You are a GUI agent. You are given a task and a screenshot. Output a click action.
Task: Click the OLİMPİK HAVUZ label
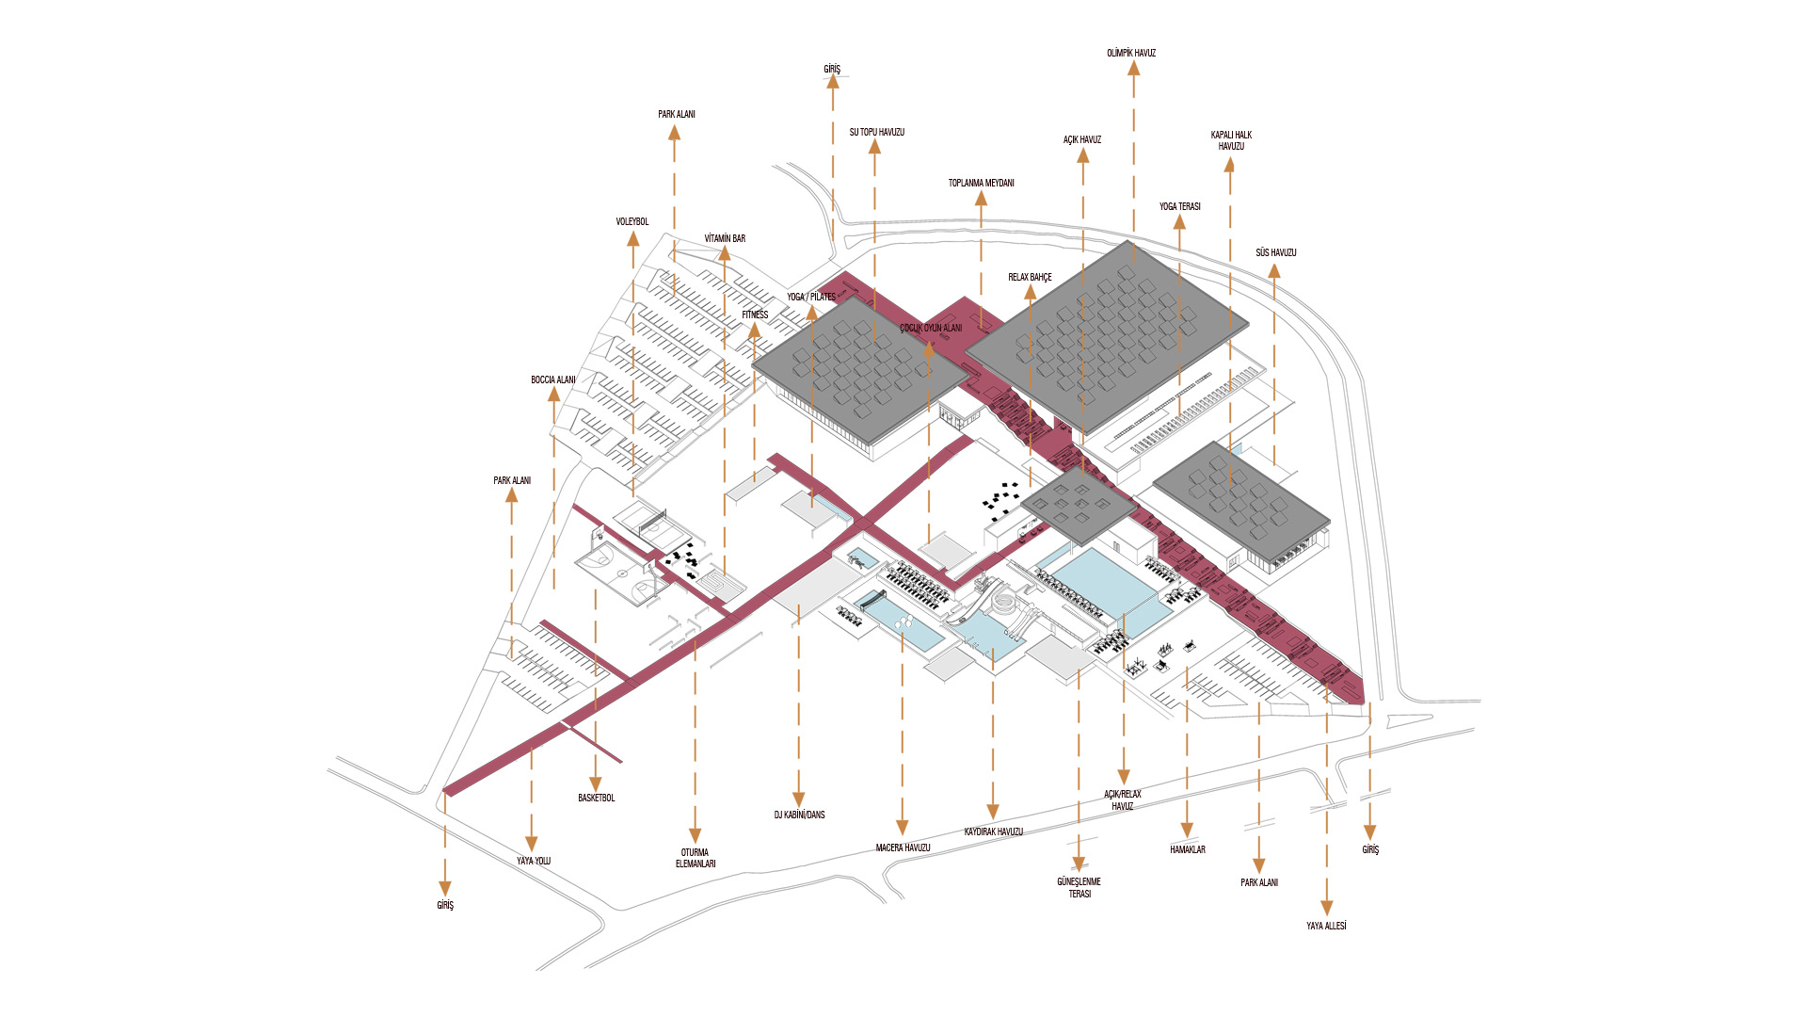pos(1131,54)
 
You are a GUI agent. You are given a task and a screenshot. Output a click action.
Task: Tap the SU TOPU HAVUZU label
pos(876,133)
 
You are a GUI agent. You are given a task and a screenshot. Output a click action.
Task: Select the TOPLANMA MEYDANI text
pos(981,184)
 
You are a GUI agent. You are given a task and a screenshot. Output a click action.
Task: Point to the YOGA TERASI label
pos(1179,207)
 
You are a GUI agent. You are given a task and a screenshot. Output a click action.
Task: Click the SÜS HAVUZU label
pos(1275,253)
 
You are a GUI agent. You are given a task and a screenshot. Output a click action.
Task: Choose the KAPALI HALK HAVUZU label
pos(1231,141)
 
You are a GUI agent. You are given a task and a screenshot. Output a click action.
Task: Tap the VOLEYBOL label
pos(632,222)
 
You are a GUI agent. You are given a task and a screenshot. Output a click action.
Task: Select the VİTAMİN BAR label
pos(725,239)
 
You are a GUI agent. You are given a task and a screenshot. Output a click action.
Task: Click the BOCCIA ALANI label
pos(553,380)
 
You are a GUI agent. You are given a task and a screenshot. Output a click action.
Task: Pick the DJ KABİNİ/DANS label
pos(799,815)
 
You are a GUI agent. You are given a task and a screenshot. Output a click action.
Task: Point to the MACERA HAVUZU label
pos(903,848)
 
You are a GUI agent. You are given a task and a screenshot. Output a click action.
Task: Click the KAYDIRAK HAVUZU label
pos(993,832)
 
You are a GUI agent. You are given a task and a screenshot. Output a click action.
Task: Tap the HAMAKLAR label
pos(1187,850)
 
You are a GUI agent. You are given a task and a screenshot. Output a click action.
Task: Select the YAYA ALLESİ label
pos(1326,927)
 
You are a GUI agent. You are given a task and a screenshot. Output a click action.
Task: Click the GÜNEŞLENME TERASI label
pos(1079,888)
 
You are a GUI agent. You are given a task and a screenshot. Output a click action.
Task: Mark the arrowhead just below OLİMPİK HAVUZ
pos(1134,69)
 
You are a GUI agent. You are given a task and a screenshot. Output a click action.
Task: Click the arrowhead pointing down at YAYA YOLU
pos(531,844)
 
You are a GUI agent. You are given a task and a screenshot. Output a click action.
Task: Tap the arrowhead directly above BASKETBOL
pos(595,783)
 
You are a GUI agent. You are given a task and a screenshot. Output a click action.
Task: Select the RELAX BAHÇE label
pos(1030,278)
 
